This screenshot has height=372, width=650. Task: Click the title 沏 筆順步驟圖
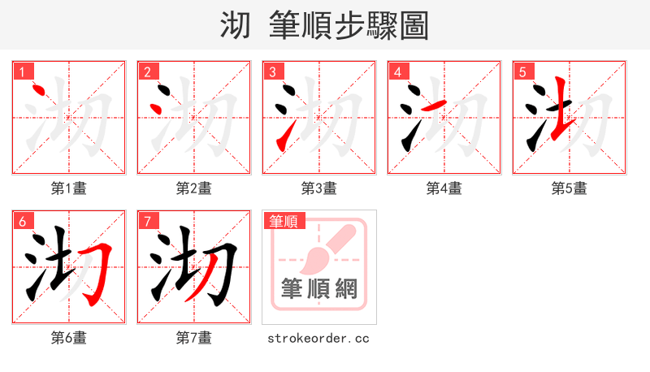(x=324, y=25)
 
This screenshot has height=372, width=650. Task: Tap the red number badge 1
(x=21, y=71)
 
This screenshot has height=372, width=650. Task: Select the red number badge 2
(x=146, y=71)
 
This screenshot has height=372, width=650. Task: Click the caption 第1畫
(x=68, y=188)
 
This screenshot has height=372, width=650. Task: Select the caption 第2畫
(x=193, y=188)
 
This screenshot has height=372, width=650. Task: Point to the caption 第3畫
(x=318, y=188)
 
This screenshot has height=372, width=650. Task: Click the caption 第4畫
(x=444, y=188)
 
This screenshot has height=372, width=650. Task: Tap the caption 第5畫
(x=569, y=188)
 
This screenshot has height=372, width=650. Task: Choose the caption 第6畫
(x=68, y=337)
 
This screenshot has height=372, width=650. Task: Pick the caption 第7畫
(x=193, y=337)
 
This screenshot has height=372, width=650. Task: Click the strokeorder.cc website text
(x=318, y=337)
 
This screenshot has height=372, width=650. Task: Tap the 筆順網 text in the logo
(x=318, y=289)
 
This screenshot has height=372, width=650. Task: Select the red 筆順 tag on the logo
(x=283, y=221)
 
